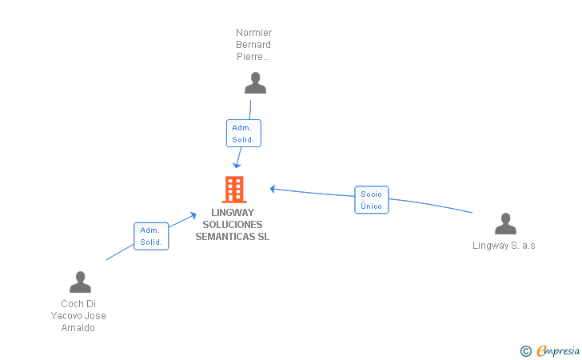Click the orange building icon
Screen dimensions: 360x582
(233, 190)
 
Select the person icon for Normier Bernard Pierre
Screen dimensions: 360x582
(255, 83)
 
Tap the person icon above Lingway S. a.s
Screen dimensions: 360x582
(504, 224)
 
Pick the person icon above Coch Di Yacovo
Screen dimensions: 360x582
(80, 282)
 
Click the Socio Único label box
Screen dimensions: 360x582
(371, 200)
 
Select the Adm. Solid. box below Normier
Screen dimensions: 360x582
(243, 134)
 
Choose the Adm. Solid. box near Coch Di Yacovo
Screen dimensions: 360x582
(151, 236)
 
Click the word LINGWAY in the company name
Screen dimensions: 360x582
(233, 213)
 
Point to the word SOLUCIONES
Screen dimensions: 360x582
(233, 225)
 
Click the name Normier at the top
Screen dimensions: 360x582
(253, 33)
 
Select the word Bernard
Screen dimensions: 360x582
(253, 45)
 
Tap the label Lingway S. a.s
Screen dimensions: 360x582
(504, 246)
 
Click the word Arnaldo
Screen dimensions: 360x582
(78, 328)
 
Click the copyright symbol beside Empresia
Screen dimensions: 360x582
(525, 350)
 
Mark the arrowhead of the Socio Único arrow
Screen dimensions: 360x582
(273, 189)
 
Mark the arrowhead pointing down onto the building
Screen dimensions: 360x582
(237, 165)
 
